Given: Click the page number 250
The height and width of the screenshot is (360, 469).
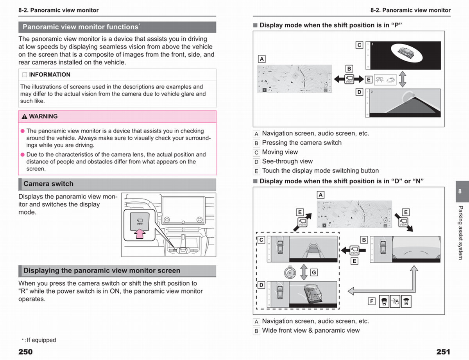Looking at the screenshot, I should point(25,352).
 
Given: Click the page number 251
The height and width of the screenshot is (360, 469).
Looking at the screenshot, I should point(443,352).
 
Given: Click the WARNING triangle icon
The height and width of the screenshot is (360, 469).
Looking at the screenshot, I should point(25,116).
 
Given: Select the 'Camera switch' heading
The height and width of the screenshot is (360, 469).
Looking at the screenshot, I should point(48,184).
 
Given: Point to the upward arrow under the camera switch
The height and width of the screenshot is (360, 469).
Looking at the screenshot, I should point(139,233).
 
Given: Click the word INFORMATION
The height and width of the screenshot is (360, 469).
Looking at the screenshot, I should point(50,75).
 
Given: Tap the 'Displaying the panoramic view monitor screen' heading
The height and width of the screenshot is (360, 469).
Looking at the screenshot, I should point(102,270).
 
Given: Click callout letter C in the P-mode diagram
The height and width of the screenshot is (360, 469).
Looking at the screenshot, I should point(359,45).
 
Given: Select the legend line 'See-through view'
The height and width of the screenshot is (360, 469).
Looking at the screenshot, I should point(287,161).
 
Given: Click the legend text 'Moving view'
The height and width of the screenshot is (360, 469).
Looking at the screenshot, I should point(280,152).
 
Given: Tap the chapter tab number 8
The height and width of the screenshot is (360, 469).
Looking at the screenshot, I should point(460,192).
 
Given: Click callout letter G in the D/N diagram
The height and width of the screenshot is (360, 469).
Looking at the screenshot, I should point(314,272).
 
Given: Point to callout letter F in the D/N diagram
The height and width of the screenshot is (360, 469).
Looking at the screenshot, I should point(372,301).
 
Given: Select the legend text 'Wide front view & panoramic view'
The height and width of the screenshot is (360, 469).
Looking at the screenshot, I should point(311,330).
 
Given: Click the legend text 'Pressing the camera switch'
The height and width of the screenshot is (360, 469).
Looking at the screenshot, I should point(302,143).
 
